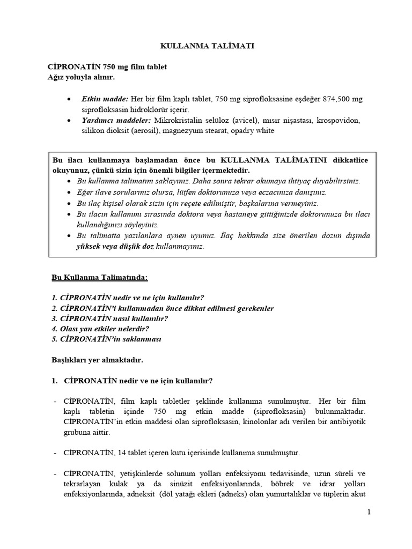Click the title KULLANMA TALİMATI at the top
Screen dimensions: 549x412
(x=205, y=47)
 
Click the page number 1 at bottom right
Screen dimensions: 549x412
(x=369, y=512)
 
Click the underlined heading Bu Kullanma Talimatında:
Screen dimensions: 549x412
(x=99, y=278)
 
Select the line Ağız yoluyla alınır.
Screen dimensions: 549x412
(x=81, y=78)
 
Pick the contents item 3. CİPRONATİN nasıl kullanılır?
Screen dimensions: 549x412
(x=110, y=318)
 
